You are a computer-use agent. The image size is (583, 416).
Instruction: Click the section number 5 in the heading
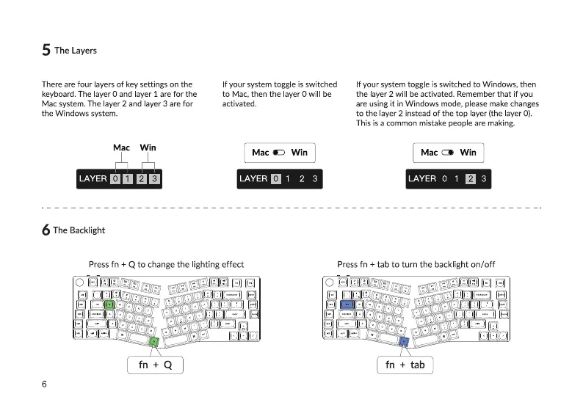coord(46,51)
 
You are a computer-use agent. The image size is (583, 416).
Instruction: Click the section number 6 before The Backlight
coord(46,230)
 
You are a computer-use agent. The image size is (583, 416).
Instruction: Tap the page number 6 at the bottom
coord(45,384)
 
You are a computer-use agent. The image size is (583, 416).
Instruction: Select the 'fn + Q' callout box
coord(154,365)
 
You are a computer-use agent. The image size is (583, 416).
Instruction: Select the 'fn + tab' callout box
coord(405,365)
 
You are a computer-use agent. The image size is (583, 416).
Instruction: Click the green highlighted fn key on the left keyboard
coord(153,340)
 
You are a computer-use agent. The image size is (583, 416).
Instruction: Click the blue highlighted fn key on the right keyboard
coord(403,340)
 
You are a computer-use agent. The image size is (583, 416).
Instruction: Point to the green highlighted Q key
coord(109,303)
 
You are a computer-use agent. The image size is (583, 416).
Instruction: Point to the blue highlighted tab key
coord(347,303)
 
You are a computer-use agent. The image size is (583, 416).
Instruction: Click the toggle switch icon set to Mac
coord(279,153)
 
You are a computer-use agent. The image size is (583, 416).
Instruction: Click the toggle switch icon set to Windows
coord(449,153)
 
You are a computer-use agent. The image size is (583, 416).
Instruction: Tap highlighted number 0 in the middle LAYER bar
coord(275,178)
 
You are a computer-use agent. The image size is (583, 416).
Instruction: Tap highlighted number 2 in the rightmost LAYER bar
coord(471,178)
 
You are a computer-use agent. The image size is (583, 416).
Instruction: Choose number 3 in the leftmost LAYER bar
coord(154,178)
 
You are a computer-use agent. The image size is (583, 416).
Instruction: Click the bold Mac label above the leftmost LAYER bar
coord(121,147)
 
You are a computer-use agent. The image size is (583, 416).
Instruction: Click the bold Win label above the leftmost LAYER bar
coord(148,147)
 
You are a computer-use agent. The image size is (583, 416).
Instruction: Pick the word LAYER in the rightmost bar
coord(421,178)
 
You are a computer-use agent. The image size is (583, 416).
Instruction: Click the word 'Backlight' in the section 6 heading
coord(87,230)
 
